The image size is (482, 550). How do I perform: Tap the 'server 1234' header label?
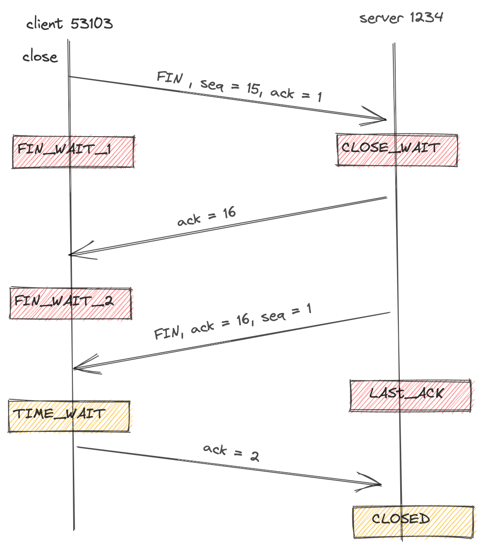(x=401, y=18)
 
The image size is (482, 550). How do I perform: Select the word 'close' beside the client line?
(x=40, y=57)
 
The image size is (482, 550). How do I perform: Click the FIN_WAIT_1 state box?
(x=73, y=152)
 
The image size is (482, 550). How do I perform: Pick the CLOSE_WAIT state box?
(x=397, y=150)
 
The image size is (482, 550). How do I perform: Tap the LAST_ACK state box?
(x=410, y=395)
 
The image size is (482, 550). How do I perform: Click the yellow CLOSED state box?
(x=413, y=522)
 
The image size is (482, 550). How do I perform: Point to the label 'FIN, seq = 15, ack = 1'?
(x=240, y=86)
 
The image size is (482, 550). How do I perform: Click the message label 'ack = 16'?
(x=207, y=217)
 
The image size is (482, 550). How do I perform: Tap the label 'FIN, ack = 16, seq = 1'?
(x=233, y=323)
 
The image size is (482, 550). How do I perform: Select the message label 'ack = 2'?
(x=231, y=452)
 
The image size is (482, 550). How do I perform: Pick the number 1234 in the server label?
(x=426, y=18)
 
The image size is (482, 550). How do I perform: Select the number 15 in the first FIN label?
(x=253, y=88)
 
